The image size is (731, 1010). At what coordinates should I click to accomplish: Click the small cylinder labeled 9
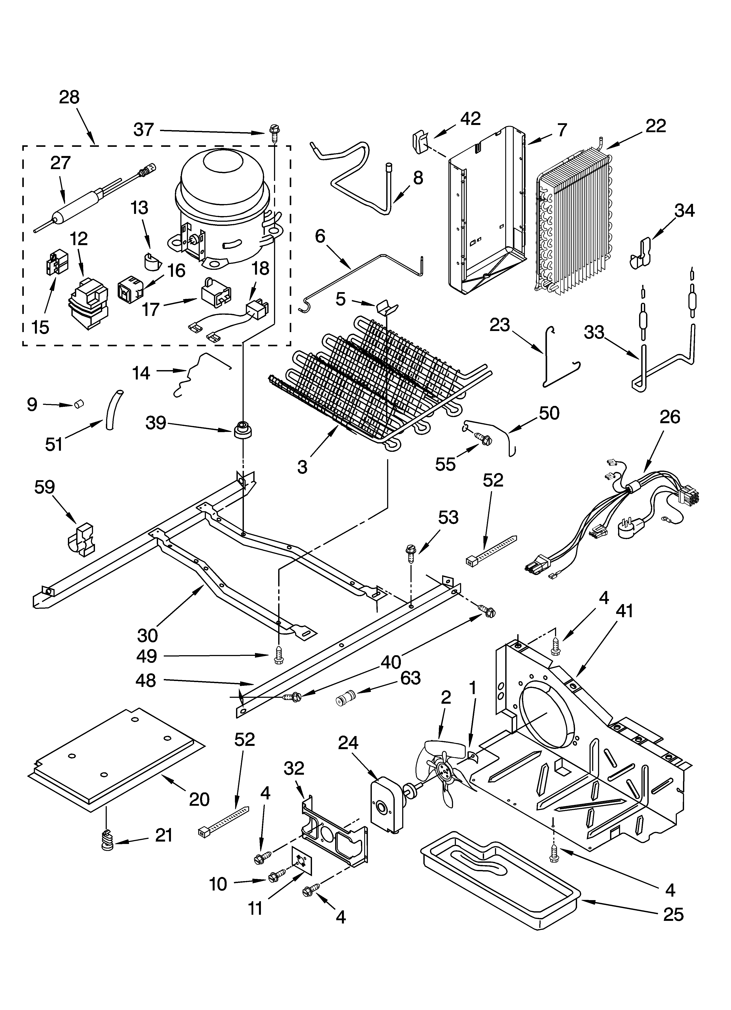[79, 404]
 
